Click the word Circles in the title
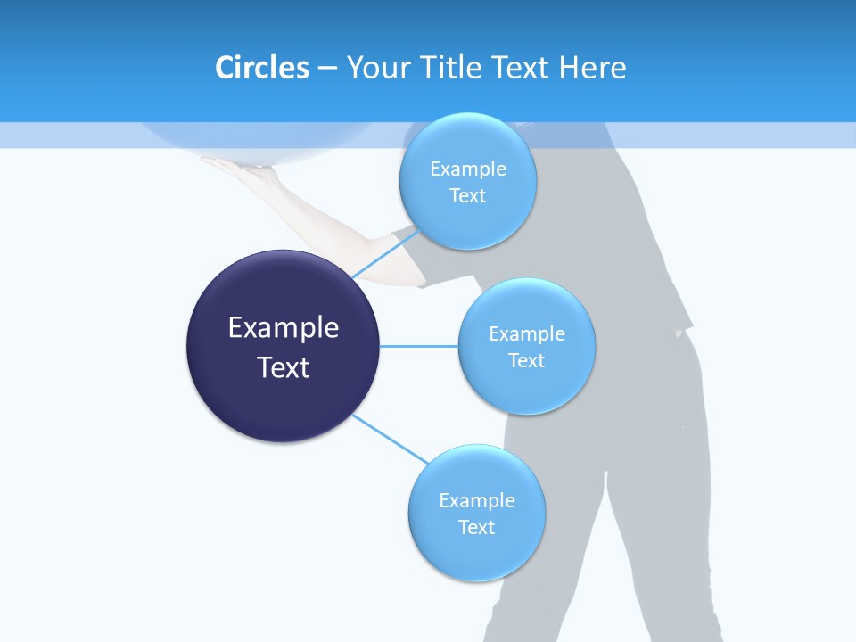pos(261,68)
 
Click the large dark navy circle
pos(283,346)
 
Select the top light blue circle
pos(467,181)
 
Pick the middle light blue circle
pos(526,346)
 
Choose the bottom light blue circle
pos(476,513)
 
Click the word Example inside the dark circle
pos(283,328)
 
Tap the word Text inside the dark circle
pos(283,367)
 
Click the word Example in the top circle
pos(467,169)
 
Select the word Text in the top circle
pos(467,195)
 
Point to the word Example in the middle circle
pos(526,333)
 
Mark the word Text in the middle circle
pos(526,360)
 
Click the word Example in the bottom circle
pos(476,500)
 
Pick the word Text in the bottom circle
pos(476,527)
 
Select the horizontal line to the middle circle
pos(418,346)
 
